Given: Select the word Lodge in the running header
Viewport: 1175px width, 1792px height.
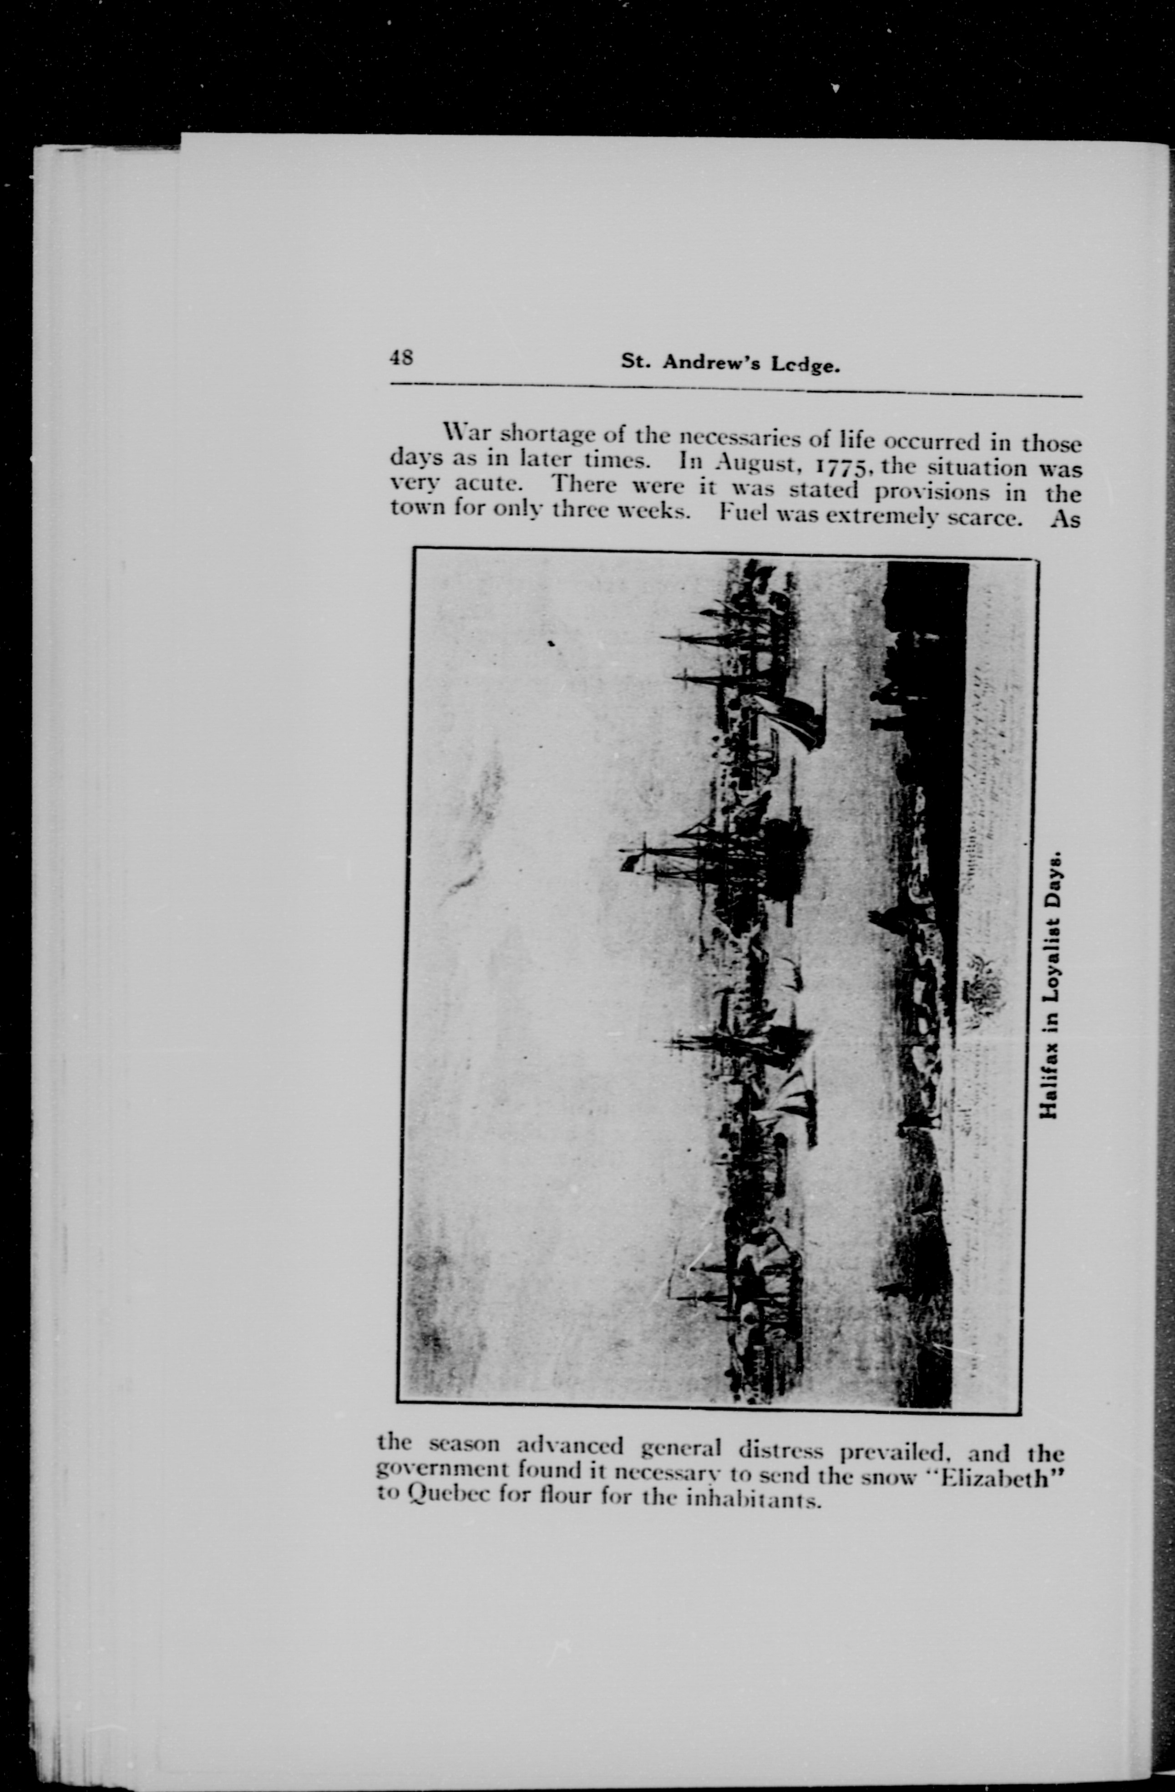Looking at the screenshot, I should (x=805, y=365).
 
